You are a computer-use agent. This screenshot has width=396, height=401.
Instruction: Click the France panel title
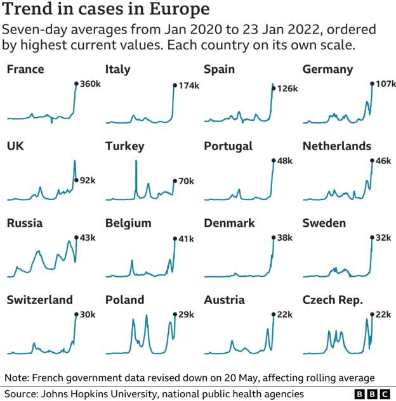point(25,69)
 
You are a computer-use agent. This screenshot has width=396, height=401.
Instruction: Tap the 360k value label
point(89,84)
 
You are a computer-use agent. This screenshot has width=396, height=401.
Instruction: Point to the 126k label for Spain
point(287,89)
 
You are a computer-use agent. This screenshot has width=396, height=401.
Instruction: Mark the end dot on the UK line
point(76,180)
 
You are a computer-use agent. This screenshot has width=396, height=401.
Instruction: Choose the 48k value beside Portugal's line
point(285,161)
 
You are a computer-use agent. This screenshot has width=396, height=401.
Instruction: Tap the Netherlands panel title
point(336,146)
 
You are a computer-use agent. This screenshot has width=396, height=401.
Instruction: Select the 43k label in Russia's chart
point(88,238)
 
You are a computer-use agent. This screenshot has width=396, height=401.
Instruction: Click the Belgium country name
point(128,223)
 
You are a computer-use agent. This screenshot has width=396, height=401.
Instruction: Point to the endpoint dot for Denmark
point(273,238)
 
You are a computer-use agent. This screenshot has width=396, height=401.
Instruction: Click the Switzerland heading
point(39,300)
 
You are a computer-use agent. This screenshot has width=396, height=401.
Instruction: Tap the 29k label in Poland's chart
point(186,314)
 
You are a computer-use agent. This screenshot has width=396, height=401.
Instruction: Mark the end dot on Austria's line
point(273,314)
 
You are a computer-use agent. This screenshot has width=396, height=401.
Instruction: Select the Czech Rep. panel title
point(333,300)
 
